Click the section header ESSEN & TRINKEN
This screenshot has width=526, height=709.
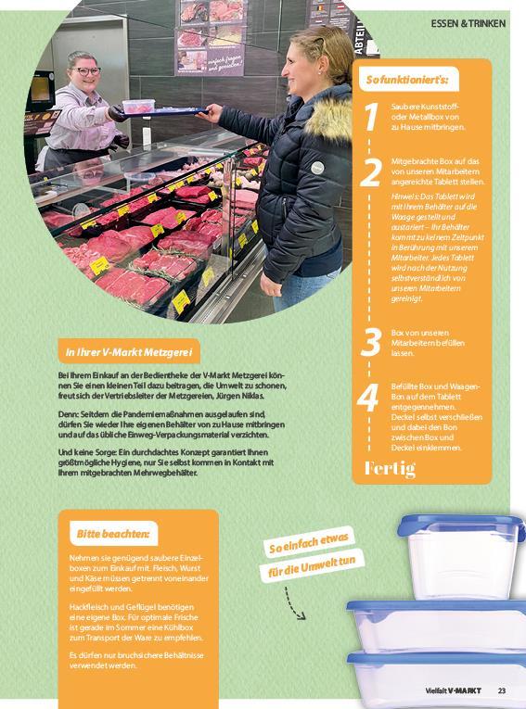tap(468, 23)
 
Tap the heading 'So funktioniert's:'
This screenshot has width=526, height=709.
tap(407, 80)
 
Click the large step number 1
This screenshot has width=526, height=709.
tap(371, 117)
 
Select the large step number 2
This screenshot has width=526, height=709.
tap(370, 172)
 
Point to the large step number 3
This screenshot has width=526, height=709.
tap(371, 342)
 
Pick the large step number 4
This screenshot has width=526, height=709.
tap(367, 398)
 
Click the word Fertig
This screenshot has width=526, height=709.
tap(390, 468)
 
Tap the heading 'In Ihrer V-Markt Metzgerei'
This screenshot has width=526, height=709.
tap(129, 352)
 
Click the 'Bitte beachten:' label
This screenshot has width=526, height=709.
tap(113, 534)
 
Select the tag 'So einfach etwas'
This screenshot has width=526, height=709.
tap(309, 542)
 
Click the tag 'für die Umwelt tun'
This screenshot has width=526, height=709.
tap(312, 567)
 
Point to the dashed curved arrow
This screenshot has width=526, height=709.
tap(293, 603)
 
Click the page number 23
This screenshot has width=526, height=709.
tap(502, 690)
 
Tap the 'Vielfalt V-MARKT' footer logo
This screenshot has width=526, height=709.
tap(453, 690)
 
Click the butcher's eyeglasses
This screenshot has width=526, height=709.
tap(86, 71)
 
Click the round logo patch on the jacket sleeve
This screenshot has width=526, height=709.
tap(318, 168)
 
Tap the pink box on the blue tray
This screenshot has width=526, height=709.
tap(138, 107)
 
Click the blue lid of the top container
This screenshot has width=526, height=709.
tap(460, 526)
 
